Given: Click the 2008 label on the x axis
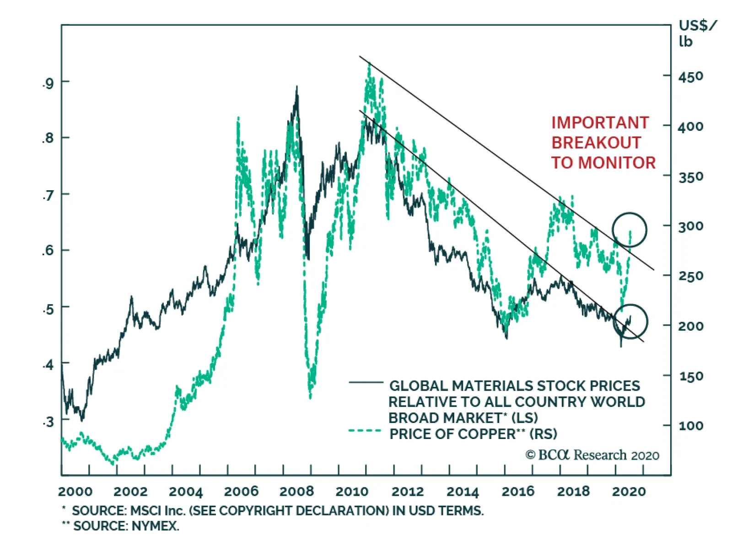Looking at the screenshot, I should point(296,492).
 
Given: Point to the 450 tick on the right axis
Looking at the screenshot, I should point(691,76).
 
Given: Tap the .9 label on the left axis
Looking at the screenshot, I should point(48,83).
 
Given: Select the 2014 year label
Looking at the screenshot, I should point(463,492).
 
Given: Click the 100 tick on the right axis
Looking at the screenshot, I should point(691,426).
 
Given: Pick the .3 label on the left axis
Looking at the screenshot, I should point(48,422).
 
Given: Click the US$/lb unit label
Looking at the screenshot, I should point(697,33).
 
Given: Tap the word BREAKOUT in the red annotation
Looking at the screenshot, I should point(596,143).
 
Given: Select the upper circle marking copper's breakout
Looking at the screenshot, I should point(630,230).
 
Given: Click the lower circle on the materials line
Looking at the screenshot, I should point(630,321).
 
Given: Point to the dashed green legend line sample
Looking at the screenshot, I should point(365,431).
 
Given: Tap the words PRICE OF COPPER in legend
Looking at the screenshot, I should point(452,434).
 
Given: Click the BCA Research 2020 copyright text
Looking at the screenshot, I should point(592,455).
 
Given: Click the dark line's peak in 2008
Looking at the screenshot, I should point(297,87).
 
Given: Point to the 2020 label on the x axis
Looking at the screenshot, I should point(629,492).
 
